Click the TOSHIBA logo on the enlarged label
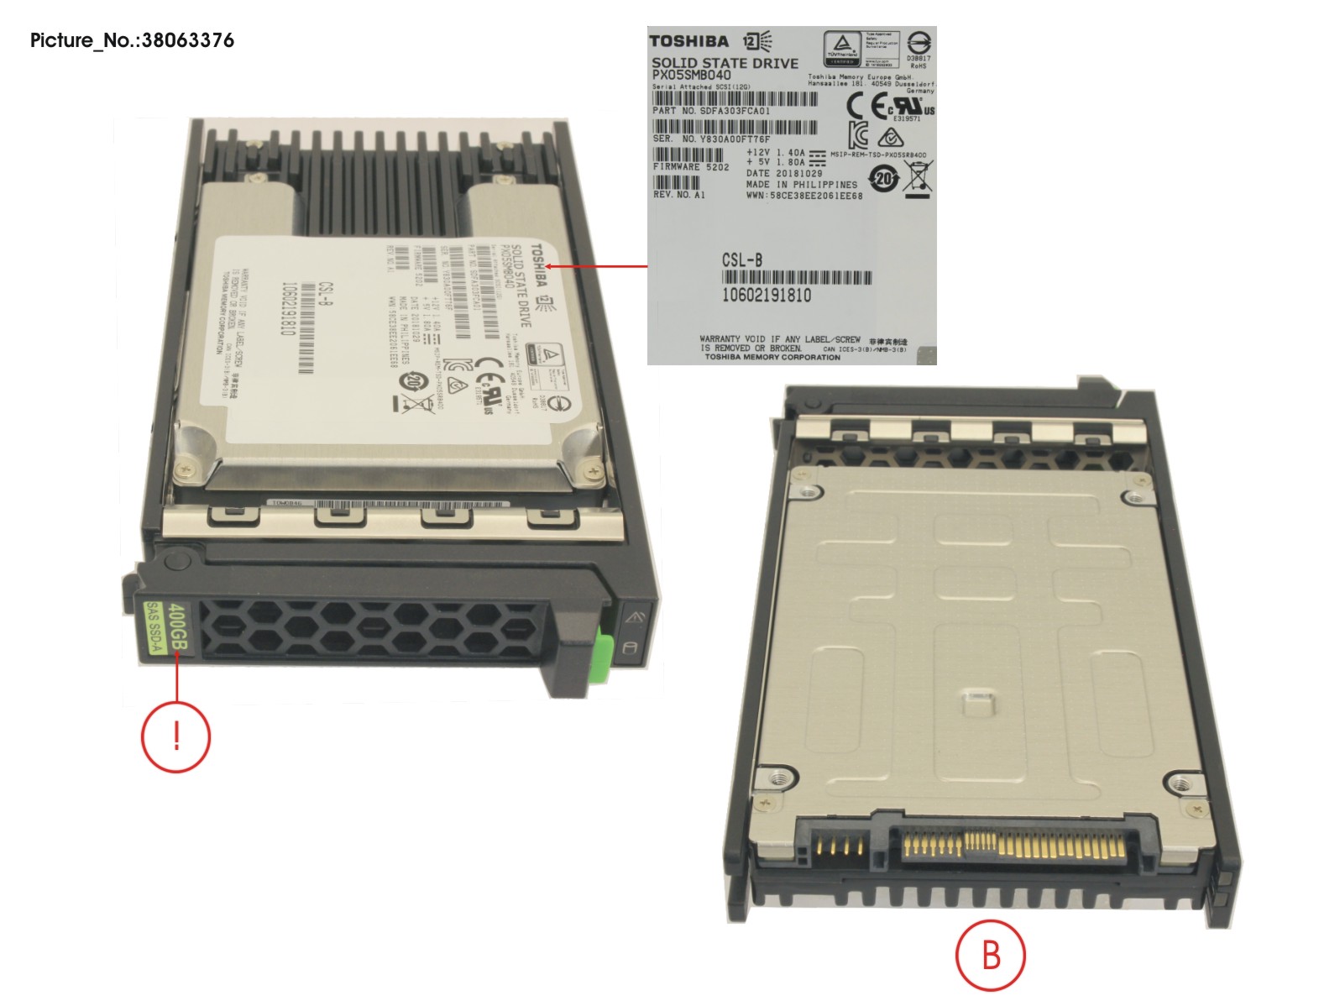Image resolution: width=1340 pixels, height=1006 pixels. click(688, 41)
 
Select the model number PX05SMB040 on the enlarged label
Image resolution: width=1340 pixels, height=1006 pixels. click(691, 75)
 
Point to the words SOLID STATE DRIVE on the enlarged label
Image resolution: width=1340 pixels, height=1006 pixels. click(725, 62)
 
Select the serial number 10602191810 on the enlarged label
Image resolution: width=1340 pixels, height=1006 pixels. click(766, 295)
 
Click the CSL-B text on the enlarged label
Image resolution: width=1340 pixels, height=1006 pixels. click(742, 260)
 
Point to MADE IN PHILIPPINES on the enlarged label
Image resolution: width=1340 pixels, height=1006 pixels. click(801, 185)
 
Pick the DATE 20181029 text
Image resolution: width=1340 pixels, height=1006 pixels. click(784, 174)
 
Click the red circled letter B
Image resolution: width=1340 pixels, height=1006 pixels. click(991, 955)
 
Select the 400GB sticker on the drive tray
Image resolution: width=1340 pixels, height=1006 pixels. click(178, 626)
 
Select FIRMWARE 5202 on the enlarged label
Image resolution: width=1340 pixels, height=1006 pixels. click(690, 167)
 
